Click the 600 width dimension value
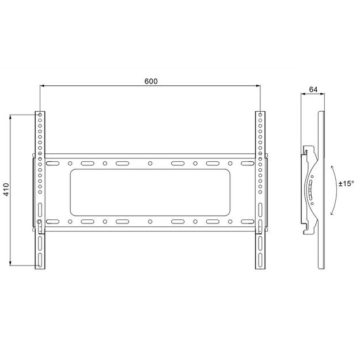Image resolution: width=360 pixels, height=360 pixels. (x=150, y=81)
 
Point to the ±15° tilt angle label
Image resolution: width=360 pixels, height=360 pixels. (x=346, y=183)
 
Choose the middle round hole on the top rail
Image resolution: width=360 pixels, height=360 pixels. (x=150, y=163)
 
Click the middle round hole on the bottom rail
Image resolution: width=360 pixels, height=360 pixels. (x=150, y=221)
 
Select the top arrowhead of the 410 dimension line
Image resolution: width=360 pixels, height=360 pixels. (x=10, y=116)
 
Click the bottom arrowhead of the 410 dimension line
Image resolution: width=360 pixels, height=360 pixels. (x=10, y=264)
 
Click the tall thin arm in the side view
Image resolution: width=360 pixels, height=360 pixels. (x=321, y=190)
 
